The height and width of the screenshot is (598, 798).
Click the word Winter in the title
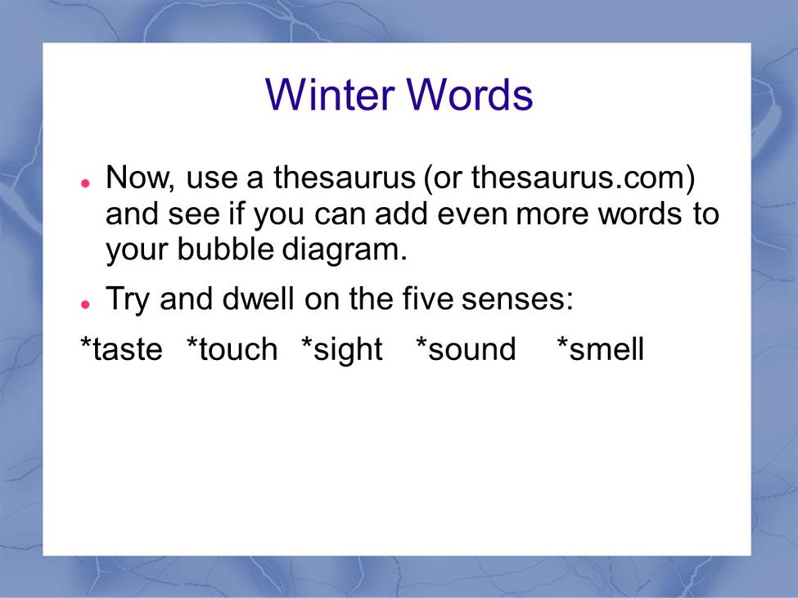click(x=330, y=94)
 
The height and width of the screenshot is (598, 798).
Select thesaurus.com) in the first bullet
click(x=584, y=178)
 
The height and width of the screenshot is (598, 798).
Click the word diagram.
click(x=345, y=250)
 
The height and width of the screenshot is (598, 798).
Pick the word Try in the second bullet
click(x=127, y=299)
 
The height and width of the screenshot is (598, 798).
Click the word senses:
click(x=517, y=299)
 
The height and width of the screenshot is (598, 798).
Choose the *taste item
click(x=122, y=348)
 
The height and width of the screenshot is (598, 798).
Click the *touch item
click(x=232, y=348)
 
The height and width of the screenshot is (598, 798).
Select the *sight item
click(x=341, y=350)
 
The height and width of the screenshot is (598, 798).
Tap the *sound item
click(x=466, y=348)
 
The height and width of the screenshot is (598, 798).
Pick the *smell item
click(x=601, y=348)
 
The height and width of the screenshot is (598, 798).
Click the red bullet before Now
click(x=85, y=183)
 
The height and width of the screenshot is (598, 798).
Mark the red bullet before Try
click(x=85, y=304)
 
